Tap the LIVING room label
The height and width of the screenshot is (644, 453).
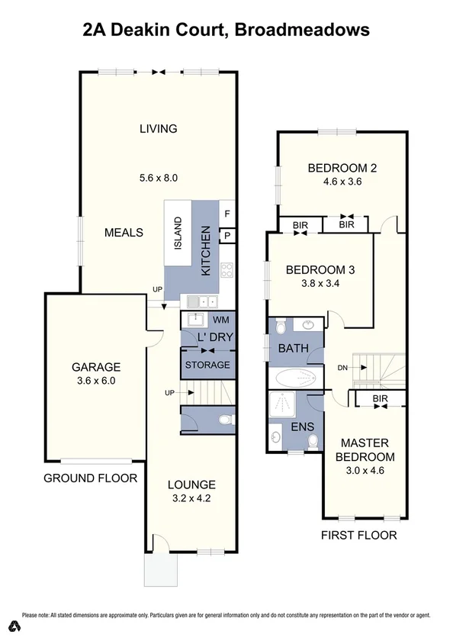(x=158, y=128)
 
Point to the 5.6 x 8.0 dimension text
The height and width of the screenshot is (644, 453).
(x=158, y=178)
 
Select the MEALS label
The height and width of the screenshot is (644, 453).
(x=124, y=232)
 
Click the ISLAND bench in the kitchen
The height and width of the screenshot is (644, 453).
(x=178, y=233)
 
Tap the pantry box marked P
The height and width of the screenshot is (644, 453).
(x=228, y=237)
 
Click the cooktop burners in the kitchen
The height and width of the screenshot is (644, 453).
(x=226, y=269)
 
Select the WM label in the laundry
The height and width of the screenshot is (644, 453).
(x=220, y=319)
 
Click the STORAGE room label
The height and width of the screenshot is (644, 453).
(x=207, y=365)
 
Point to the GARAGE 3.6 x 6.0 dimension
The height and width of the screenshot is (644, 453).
(x=91, y=381)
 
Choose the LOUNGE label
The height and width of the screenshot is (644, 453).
(x=191, y=484)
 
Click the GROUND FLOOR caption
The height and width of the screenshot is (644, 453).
(x=90, y=478)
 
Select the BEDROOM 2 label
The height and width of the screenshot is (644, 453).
(x=342, y=169)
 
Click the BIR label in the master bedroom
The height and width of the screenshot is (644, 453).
(x=381, y=400)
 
